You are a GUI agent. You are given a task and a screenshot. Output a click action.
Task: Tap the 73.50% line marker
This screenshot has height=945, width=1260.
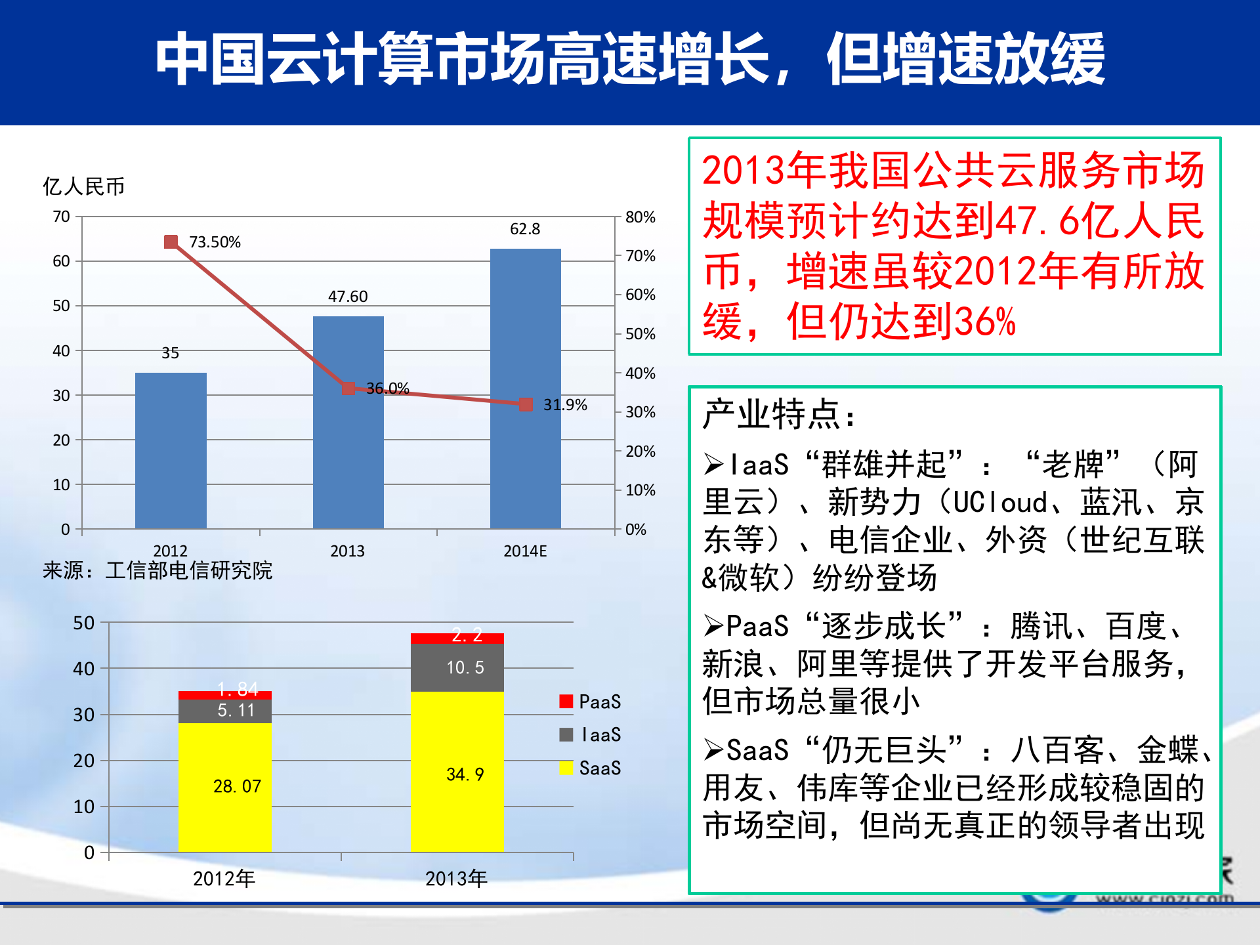coord(171,242)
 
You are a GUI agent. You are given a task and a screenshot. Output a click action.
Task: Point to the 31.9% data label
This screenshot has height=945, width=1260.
coord(564,405)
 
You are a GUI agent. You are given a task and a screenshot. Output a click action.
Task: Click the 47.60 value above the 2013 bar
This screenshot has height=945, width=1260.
coord(348,297)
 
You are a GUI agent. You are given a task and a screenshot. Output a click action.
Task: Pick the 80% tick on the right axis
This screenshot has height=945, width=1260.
coord(640,217)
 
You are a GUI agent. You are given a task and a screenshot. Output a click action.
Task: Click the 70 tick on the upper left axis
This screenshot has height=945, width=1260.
coord(62,217)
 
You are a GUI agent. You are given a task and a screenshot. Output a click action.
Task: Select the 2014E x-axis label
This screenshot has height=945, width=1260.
coord(525,551)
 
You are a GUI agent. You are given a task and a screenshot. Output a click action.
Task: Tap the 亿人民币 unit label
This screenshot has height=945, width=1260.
coord(83,186)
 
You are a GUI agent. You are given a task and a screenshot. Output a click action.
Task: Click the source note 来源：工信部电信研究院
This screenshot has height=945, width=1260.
coord(157,570)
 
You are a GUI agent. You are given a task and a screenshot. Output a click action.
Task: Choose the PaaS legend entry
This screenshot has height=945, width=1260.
coord(591,702)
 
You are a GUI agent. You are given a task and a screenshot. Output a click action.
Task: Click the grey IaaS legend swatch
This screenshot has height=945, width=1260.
coord(566,734)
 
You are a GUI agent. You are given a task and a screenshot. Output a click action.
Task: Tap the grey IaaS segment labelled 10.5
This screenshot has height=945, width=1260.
coord(457,667)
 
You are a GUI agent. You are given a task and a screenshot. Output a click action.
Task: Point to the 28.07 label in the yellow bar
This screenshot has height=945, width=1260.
coord(237,786)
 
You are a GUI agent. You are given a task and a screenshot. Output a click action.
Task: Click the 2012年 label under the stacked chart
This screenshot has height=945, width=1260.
coord(224,878)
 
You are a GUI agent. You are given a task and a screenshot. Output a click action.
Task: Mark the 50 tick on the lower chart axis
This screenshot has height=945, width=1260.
coord(84,623)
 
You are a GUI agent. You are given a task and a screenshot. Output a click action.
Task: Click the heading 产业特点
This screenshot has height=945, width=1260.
coord(778,415)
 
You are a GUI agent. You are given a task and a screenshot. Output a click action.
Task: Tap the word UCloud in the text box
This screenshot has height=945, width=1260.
coord(999,503)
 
